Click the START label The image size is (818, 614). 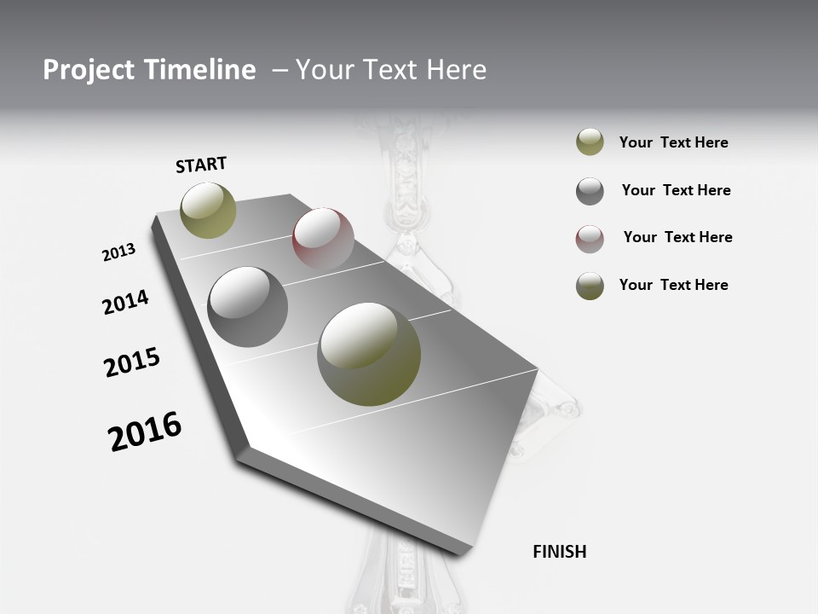201,165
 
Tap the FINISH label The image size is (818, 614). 559,552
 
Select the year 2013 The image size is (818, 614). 118,252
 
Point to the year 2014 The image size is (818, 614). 125,302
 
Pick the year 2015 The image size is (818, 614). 132,362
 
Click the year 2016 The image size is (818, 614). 145,431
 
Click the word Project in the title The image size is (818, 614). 89,70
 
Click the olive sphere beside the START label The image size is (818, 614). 208,210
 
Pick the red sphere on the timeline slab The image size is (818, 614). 323,238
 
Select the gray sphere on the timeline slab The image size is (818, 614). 248,307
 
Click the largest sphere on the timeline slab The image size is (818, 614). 369,353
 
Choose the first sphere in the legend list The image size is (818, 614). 590,142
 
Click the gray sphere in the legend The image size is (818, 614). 590,191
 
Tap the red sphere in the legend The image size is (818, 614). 590,239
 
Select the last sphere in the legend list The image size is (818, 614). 590,286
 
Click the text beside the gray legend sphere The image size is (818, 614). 676,190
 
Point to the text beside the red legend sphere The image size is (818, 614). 677,237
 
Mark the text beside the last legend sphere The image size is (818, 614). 673,285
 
